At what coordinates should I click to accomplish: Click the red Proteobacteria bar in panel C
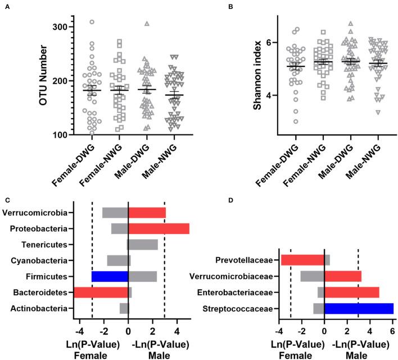coord(159,228)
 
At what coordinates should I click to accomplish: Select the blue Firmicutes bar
coord(110,276)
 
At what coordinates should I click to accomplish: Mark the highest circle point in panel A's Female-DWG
coord(92,22)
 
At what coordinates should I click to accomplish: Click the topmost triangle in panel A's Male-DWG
coord(147,24)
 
